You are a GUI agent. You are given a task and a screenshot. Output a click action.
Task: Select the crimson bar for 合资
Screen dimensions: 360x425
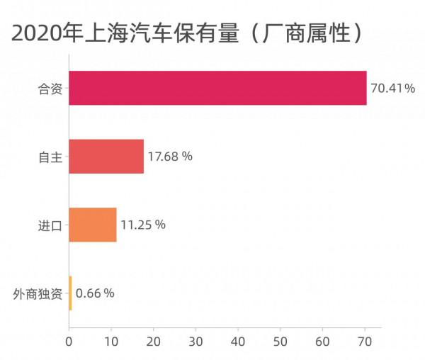click(x=217, y=88)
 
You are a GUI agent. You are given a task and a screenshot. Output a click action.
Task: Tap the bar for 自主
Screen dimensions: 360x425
click(x=106, y=157)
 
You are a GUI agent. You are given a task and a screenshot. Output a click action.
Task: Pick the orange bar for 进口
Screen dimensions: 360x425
click(x=93, y=225)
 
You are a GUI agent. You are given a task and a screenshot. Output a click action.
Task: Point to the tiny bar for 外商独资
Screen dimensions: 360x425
click(x=70, y=293)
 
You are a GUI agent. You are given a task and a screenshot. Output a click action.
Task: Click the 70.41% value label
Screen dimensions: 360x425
click(x=392, y=89)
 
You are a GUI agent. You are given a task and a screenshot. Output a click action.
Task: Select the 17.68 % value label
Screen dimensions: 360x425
click(x=170, y=157)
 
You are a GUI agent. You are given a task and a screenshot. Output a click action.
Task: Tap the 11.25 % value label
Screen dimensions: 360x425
click(x=143, y=225)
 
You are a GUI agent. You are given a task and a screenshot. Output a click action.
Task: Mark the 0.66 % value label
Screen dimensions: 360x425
click(x=95, y=293)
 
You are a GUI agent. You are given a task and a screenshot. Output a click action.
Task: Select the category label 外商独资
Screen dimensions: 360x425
click(x=39, y=293)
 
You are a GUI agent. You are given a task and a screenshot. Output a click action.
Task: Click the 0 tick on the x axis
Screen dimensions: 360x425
click(x=69, y=341)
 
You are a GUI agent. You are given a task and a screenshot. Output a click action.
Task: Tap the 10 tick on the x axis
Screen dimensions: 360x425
click(x=111, y=341)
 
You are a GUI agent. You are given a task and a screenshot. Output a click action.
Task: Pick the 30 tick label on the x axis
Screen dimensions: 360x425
click(x=195, y=341)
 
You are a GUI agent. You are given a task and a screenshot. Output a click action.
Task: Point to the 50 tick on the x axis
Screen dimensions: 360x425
click(x=280, y=341)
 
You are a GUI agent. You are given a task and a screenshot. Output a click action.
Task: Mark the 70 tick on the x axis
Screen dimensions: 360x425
click(x=365, y=341)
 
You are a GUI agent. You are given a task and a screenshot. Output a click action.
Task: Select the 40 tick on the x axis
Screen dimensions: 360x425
click(x=238, y=341)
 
